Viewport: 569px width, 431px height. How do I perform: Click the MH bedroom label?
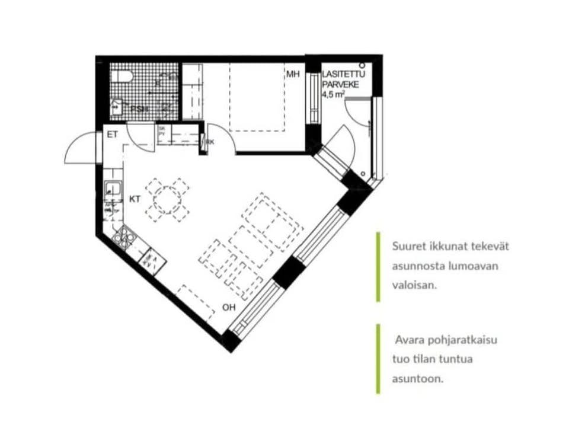point(293,75)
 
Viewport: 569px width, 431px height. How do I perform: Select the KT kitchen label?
point(135,200)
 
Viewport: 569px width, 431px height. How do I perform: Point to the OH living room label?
point(229,307)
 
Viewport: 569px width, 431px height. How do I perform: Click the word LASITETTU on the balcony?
point(344,75)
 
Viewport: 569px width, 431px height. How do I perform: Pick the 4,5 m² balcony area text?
point(333,94)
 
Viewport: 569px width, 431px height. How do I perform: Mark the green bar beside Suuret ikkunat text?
point(378,266)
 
